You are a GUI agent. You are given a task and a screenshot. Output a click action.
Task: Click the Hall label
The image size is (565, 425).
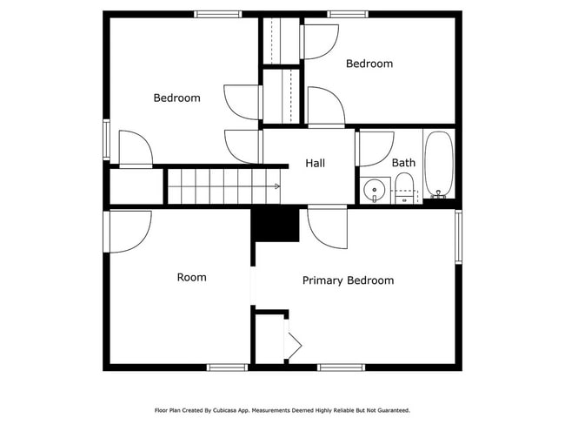pos(315,163)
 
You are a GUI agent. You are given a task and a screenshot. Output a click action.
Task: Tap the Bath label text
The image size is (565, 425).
pos(403,163)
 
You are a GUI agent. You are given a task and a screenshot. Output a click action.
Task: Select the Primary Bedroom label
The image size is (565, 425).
pos(348,280)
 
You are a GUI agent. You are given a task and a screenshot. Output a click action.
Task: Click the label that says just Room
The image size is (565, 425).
pos(191,277)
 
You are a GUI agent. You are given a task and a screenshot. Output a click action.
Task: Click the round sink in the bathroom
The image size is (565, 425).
pos(375,188)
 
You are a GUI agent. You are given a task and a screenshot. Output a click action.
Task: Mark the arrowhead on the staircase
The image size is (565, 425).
pos(276,186)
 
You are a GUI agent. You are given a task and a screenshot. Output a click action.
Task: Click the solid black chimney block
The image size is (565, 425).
pos(276,226)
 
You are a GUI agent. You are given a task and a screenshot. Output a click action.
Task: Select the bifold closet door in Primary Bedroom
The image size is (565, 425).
pos(292,345)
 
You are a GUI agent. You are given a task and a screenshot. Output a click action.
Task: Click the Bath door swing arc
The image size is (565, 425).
pos(376,149)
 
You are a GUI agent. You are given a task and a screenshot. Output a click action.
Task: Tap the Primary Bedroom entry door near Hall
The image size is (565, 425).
pos(327,228)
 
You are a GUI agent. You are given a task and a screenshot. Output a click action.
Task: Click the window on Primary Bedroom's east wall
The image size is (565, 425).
pos(458,235)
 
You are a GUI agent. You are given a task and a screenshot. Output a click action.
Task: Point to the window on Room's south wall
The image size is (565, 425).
pos(227,368)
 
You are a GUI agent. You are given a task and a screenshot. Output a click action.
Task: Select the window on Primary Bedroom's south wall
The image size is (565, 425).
pos(341,368)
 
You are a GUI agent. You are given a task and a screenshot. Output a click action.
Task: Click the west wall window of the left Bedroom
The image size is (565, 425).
pos(106,139)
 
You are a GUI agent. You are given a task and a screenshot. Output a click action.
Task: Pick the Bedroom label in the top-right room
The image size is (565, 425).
pos(369,64)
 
